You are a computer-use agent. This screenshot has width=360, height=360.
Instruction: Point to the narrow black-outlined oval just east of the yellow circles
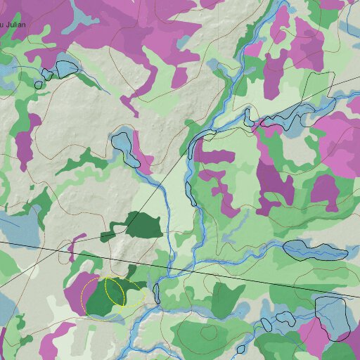pyautogui.click(x=157, y=292)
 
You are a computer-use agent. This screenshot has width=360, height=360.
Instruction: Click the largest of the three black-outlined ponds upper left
pyautogui.click(x=65, y=68)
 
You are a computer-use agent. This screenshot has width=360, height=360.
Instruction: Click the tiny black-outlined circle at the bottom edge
pyautogui.click(x=240, y=349)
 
